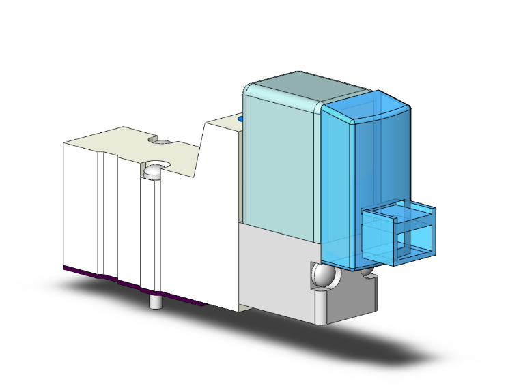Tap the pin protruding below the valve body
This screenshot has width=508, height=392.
tap(154, 301)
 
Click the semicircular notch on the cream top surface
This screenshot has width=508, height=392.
tap(162, 141)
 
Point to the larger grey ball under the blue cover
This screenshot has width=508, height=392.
tap(322, 277)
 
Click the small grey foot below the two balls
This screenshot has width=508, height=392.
tap(348, 300)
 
